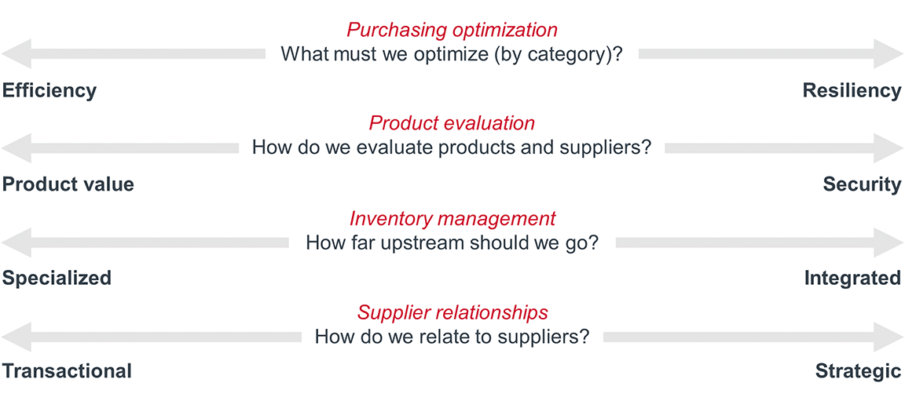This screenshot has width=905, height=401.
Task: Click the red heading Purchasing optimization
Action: click(x=452, y=30)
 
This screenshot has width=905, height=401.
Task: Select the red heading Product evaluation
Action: click(x=452, y=123)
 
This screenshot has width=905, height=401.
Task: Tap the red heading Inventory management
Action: click(x=452, y=218)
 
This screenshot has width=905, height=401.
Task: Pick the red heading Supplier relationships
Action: click(x=452, y=312)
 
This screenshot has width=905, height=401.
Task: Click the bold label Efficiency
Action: click(x=49, y=90)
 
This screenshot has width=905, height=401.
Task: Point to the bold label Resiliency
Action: click(x=852, y=90)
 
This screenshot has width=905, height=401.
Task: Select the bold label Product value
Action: click(x=68, y=184)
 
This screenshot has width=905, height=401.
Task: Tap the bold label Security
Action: click(x=862, y=184)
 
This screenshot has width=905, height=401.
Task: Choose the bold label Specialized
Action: click(x=57, y=278)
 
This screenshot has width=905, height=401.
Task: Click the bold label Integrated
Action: click(x=852, y=278)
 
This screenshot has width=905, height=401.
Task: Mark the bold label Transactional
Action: click(x=67, y=371)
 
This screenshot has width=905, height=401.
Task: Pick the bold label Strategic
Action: click(x=858, y=371)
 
